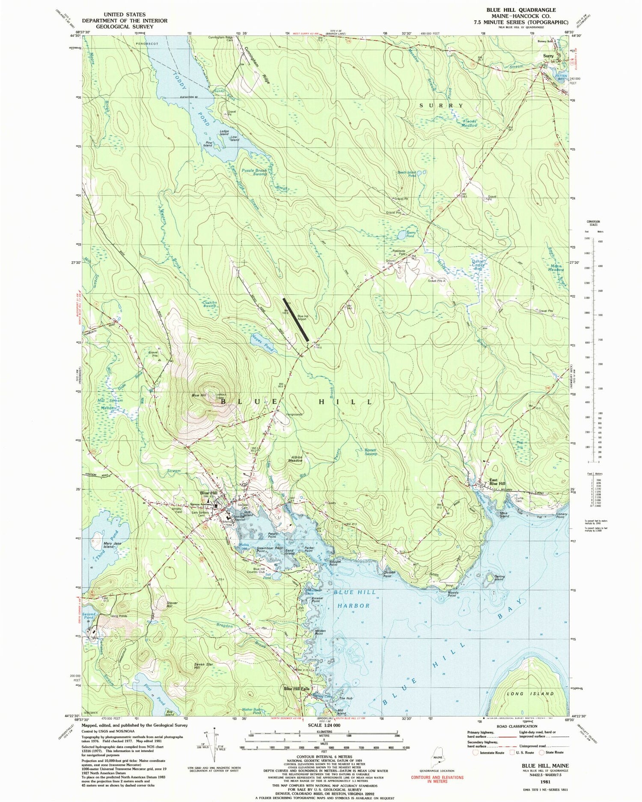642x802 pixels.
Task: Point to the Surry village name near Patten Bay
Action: (x=548, y=56)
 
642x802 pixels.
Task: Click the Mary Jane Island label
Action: (x=102, y=545)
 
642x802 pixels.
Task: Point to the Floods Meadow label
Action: (x=470, y=123)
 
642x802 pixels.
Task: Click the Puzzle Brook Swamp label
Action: (x=254, y=172)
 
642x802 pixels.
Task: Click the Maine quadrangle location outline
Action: (x=437, y=754)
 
